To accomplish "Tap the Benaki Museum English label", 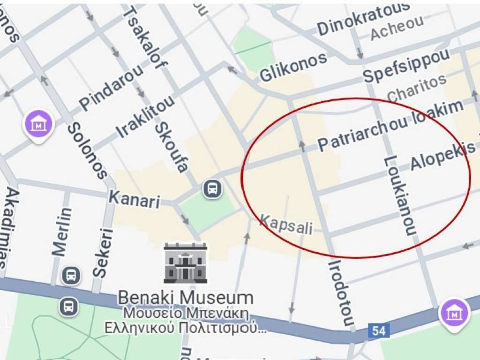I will coord(185,298).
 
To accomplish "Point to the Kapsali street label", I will coord(286,225).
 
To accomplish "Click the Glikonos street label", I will coord(293,67).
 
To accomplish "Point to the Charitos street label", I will coord(417,88).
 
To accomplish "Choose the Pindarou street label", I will coord(112,87).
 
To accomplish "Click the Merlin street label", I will coord(62,232).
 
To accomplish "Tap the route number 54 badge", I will coord(379,331).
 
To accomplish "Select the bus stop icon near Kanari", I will coord(213,189).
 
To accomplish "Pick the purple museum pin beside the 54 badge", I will coord(454,314).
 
